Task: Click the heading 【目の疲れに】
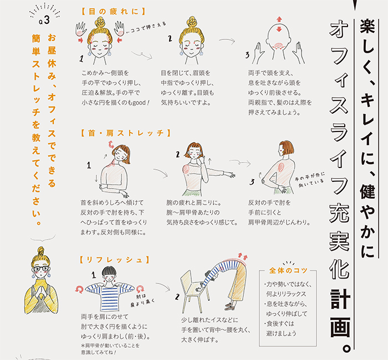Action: tap(113, 12)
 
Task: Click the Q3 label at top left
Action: tap(44, 21)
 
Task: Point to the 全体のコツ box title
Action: tap(288, 270)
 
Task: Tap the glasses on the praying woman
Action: tap(41, 268)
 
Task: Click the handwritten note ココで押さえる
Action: tap(146, 28)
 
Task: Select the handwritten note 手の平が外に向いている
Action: tap(310, 180)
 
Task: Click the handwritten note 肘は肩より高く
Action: tap(142, 300)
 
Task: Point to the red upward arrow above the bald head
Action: tap(279, 19)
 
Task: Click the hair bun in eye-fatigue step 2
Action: tap(192, 22)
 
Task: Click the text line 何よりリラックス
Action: tap(286, 294)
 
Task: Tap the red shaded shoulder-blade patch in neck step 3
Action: tap(281, 167)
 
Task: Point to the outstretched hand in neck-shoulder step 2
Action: tap(231, 175)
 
